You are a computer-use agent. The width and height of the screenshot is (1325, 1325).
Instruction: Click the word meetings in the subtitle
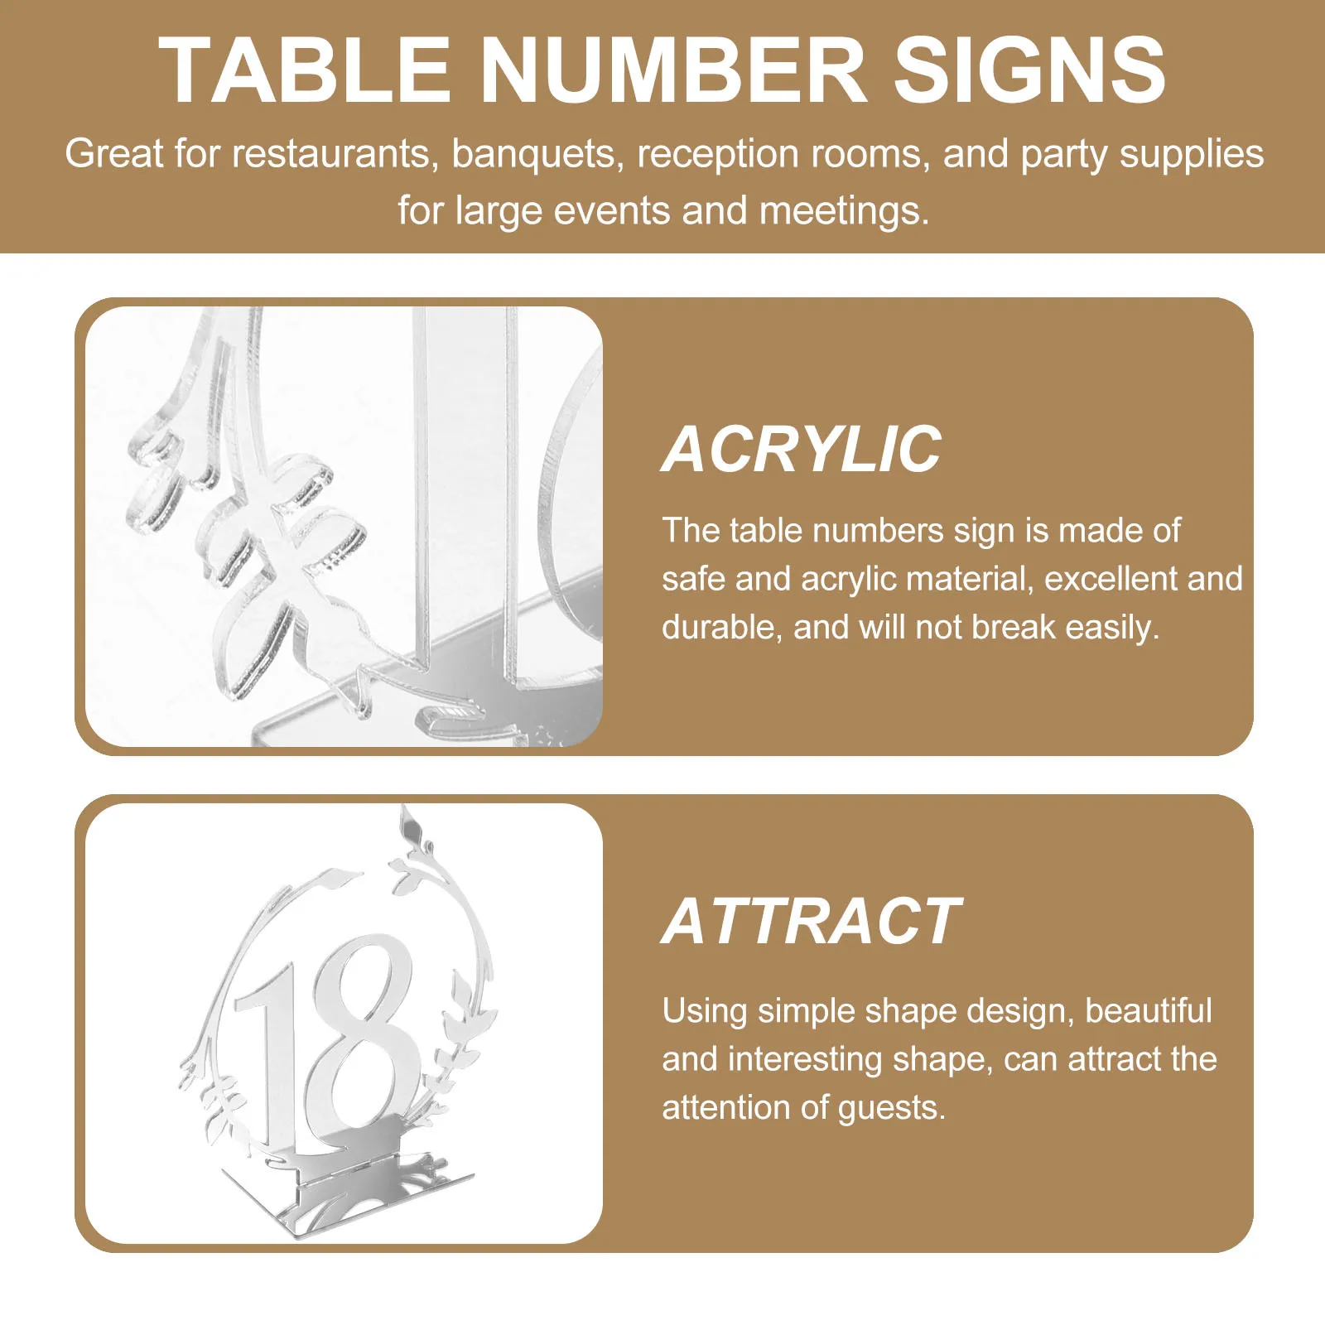pyautogui.click(x=844, y=211)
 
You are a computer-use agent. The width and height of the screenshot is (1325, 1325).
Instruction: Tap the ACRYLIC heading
pyautogui.click(x=802, y=450)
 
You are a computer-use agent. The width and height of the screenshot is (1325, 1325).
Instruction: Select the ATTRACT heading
pyautogui.click(x=812, y=922)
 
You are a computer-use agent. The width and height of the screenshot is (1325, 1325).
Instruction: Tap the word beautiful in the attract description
pyautogui.click(x=1148, y=1011)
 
